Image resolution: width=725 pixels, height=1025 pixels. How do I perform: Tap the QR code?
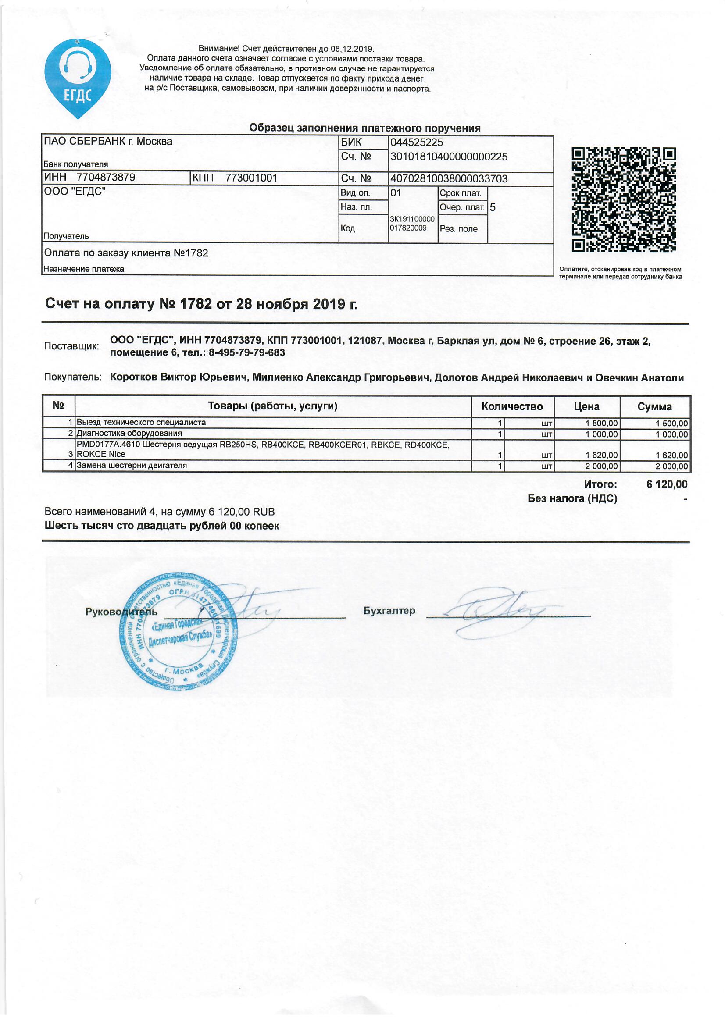click(624, 199)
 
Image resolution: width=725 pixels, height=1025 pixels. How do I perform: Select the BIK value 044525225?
click(416, 142)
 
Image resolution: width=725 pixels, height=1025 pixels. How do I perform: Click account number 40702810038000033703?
click(449, 179)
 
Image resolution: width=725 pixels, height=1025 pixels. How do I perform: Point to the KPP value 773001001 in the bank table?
click(251, 178)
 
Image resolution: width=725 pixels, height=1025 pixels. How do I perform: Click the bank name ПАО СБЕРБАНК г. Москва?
click(107, 142)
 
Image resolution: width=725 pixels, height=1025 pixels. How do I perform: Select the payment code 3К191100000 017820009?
click(411, 224)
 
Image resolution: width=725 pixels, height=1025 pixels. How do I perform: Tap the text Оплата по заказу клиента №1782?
click(126, 253)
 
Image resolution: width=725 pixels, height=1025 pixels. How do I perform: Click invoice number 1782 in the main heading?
click(195, 304)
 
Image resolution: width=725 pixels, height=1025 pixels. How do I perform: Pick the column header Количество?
click(512, 406)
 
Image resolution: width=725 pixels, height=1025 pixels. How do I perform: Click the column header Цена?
click(586, 406)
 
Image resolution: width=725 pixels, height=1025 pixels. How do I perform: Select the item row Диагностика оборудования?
click(129, 434)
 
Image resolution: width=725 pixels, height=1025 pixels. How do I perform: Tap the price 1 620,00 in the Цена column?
click(602, 456)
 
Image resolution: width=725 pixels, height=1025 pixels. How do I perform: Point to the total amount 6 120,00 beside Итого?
click(667, 484)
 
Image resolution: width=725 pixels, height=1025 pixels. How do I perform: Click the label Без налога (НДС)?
click(572, 498)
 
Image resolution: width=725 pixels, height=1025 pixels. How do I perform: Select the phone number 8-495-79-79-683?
click(246, 352)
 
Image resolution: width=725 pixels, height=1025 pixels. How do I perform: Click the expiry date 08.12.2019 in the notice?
click(352, 49)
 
